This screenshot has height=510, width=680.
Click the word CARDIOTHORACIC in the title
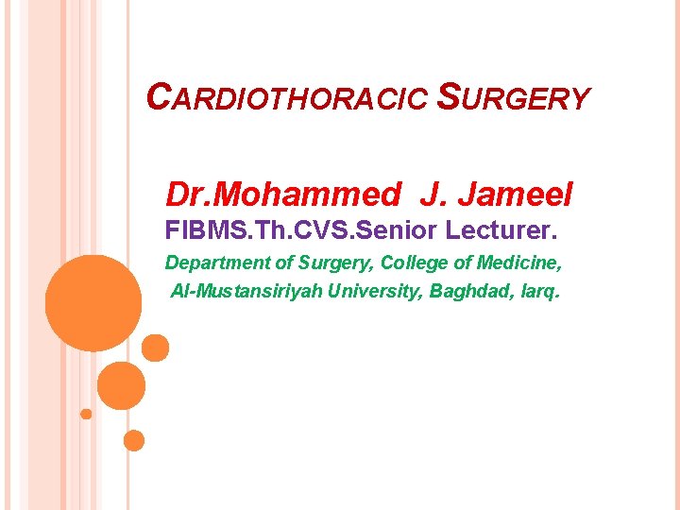[289, 97]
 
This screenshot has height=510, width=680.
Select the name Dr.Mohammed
[282, 195]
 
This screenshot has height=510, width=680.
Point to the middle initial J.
[432, 195]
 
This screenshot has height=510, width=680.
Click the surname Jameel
[517, 195]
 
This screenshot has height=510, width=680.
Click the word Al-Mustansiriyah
[248, 291]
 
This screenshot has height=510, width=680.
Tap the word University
[378, 291]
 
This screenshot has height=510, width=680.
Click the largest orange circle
[93, 302]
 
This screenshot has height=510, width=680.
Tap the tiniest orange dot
[86, 414]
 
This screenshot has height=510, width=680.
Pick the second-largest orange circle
[121, 385]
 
